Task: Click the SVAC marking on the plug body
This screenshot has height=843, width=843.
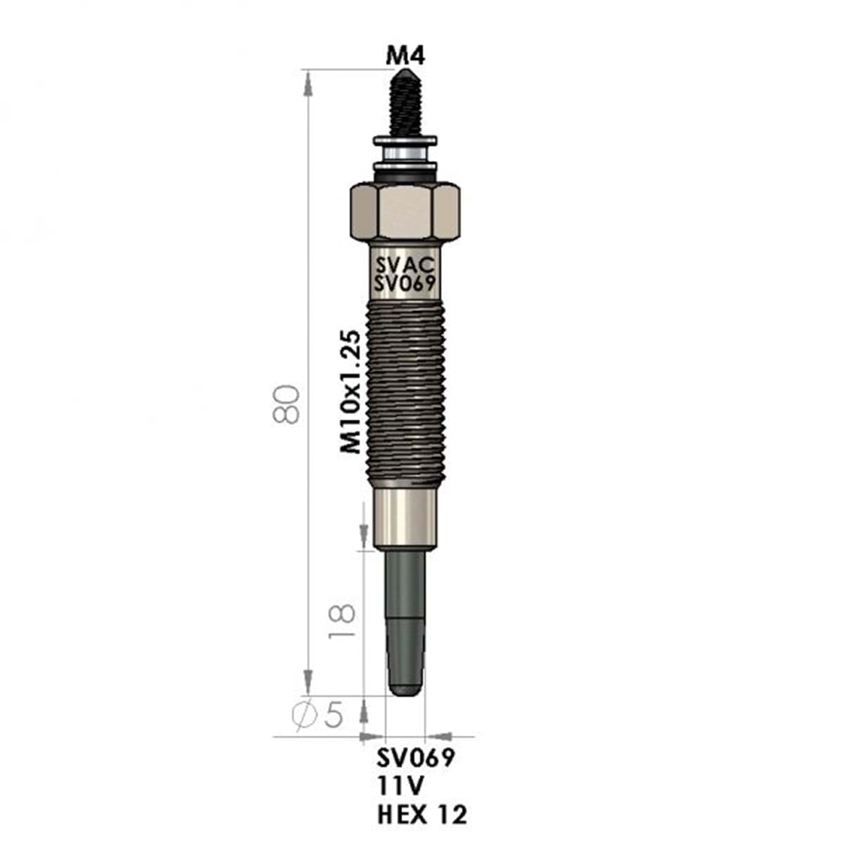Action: [x=405, y=265]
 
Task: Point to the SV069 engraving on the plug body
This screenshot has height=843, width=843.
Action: [x=405, y=283]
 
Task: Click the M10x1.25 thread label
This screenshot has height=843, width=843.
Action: [x=351, y=392]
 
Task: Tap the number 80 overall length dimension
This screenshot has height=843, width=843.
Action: [x=286, y=405]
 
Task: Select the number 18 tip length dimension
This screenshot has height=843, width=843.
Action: [x=342, y=621]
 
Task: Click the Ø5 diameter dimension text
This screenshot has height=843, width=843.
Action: [x=317, y=715]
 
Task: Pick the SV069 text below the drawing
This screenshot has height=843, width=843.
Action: [x=416, y=758]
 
